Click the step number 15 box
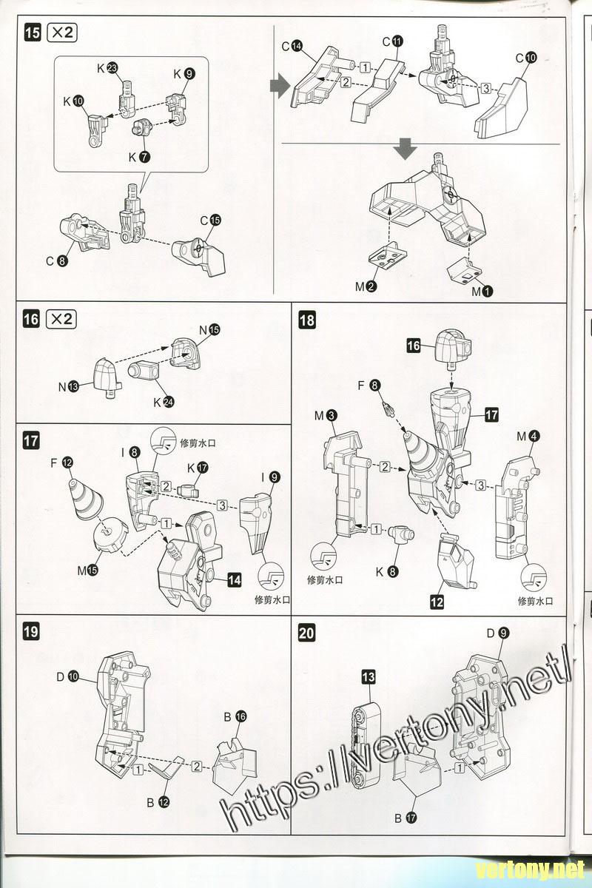coord(33,33)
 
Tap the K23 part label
coord(107,69)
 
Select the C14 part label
coord(292,46)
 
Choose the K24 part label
coord(164,402)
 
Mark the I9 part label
coord(270,477)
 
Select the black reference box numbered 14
coord(234,580)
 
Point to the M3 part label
coord(326,416)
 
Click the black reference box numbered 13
coord(369,676)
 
